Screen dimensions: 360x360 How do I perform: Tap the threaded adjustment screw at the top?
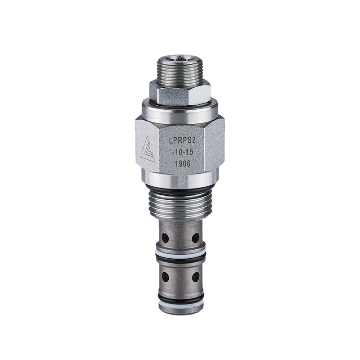coord(180,69)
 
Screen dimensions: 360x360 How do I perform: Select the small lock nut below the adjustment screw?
coord(180,91)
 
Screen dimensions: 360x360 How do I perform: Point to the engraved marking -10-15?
coord(181,152)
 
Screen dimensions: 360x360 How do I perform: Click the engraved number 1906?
coord(183,163)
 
